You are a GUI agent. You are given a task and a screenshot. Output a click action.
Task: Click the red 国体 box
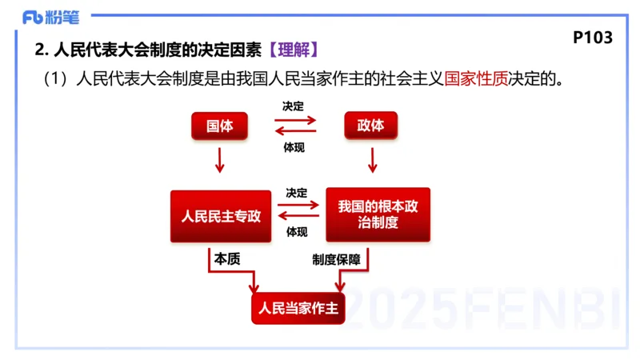pos(219,126)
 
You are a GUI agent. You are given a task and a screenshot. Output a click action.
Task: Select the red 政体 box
pos(370,126)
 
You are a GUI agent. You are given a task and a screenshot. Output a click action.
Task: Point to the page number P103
pos(593,38)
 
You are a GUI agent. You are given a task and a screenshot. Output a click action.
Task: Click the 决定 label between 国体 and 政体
pos(294,106)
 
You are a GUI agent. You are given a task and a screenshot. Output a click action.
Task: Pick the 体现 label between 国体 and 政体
pos(294,146)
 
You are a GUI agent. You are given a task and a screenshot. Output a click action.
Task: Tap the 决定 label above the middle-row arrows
pos(297,193)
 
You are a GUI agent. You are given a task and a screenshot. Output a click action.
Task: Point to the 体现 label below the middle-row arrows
pos(297,233)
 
